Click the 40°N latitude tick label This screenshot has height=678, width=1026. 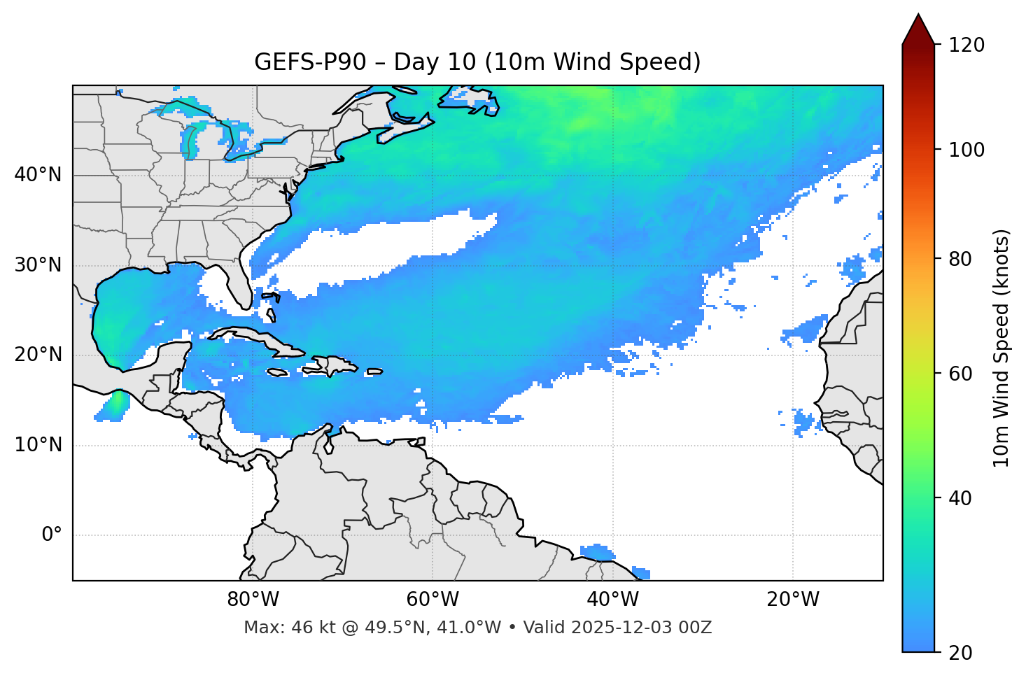point(38,175)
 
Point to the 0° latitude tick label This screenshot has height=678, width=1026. point(51,535)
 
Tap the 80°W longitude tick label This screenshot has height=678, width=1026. point(253,600)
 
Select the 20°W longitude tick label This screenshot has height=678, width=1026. point(793,600)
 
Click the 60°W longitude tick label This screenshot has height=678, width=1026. point(433,600)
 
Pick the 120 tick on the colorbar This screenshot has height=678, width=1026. point(967,45)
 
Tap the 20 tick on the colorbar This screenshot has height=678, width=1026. point(960,653)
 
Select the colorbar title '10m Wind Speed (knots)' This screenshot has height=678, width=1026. point(1002,348)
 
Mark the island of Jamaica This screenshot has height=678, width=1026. point(277,372)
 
